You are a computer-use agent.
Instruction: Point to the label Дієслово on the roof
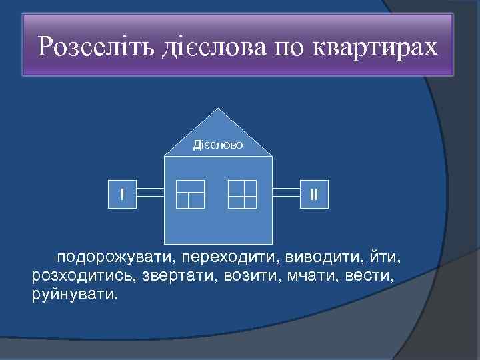click(x=218, y=144)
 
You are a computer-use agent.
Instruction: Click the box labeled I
click(x=123, y=194)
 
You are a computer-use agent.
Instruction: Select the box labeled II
click(x=313, y=194)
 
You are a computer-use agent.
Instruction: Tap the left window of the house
click(x=190, y=194)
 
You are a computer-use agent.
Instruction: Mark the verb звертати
click(x=175, y=275)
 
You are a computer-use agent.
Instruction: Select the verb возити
click(x=247, y=275)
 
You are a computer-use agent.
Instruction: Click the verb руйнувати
click(x=73, y=294)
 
